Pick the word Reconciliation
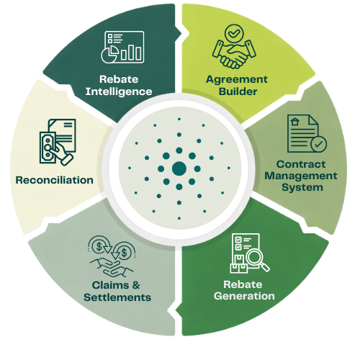point(55,180)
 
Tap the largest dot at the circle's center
point(179,168)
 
